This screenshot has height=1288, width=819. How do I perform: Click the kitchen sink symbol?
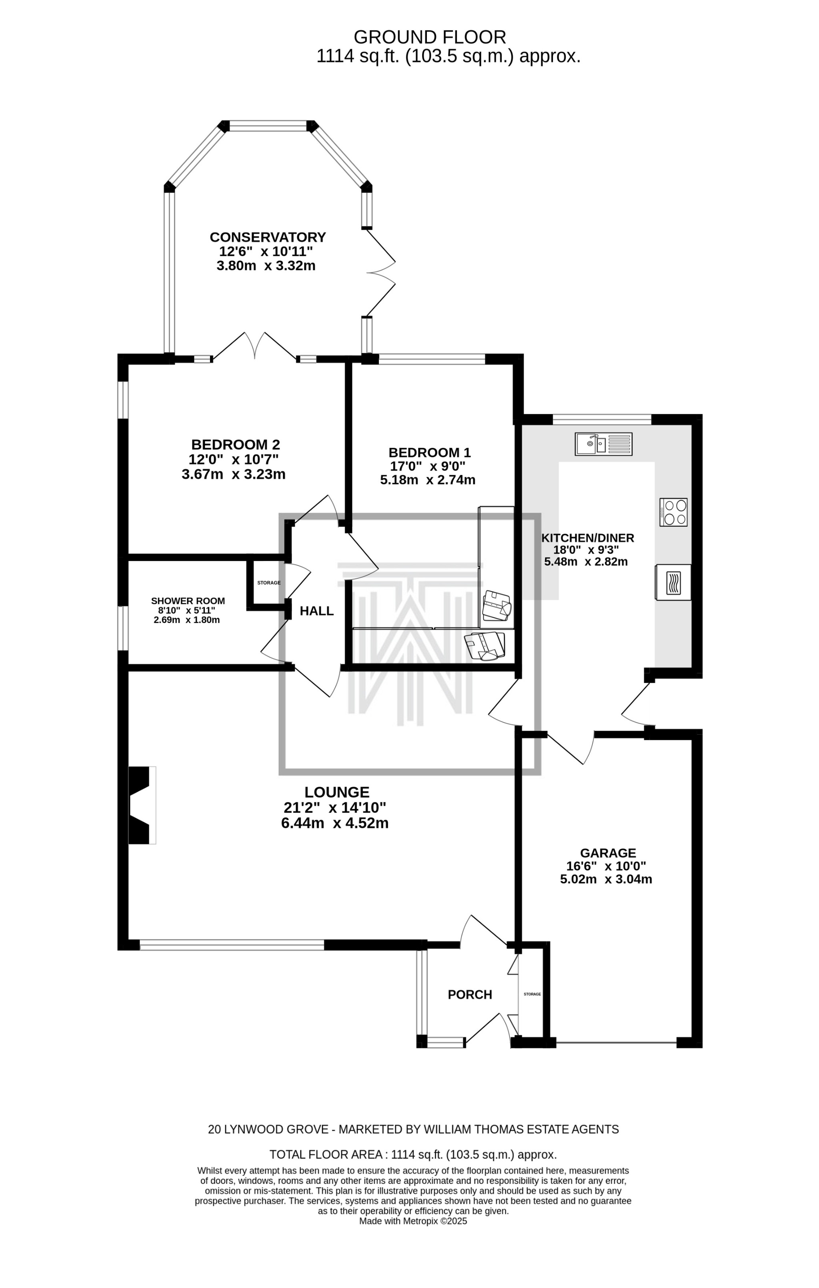click(603, 444)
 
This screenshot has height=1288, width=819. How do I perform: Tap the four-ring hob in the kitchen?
click(673, 512)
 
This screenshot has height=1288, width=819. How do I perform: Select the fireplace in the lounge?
click(142, 805)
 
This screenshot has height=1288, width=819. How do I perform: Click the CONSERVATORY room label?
click(268, 237)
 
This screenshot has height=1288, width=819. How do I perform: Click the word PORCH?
click(469, 994)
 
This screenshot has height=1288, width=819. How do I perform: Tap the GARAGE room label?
click(608, 853)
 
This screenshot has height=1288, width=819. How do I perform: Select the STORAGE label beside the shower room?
click(268, 583)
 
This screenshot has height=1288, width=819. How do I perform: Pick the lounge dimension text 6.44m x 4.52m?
click(334, 823)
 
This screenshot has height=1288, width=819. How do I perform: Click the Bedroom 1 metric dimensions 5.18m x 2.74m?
click(427, 480)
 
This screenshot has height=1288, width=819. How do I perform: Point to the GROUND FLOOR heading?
click(430, 37)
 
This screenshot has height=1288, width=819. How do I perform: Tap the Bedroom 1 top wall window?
click(431, 359)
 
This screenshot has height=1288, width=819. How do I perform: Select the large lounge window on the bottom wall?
click(232, 945)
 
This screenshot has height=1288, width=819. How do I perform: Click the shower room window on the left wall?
click(123, 627)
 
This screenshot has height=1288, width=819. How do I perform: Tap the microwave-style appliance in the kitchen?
click(673, 582)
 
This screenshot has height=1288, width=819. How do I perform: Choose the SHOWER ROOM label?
click(188, 601)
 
